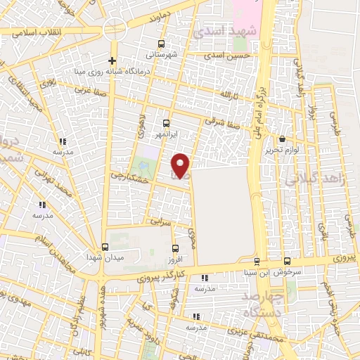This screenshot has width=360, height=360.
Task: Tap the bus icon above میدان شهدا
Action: [x=105, y=247]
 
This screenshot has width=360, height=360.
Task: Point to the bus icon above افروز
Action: [x=176, y=247]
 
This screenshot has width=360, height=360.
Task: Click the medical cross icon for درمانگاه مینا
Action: [x=112, y=60]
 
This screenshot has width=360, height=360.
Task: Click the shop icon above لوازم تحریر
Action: [x=283, y=139]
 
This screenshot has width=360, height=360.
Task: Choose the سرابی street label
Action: [x=162, y=221]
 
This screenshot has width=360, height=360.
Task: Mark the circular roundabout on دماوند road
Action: [x=114, y=29]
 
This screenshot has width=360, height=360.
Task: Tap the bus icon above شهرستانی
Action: [x=167, y=42]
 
